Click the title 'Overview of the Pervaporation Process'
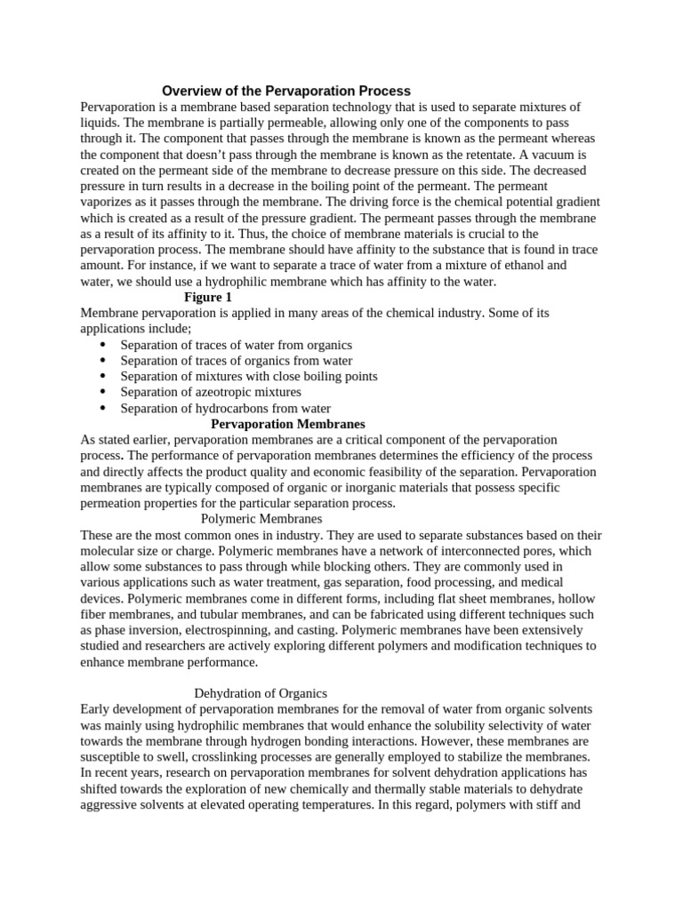285,91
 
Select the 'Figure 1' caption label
207,298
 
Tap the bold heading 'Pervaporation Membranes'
287,424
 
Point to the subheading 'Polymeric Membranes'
261,519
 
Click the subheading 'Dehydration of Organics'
261,693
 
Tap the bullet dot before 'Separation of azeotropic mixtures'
104,392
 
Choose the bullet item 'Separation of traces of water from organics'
237,345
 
